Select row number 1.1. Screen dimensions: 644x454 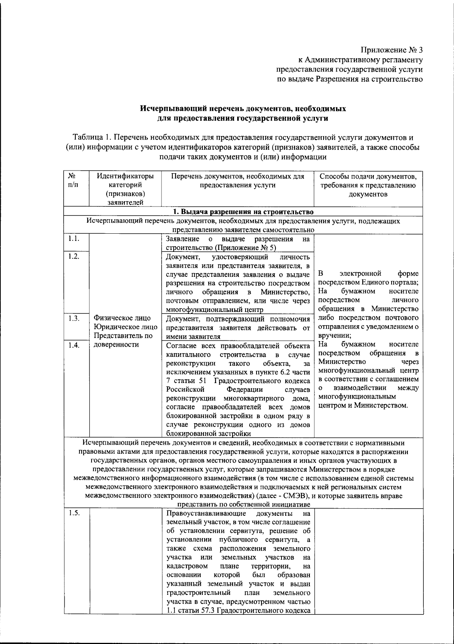tap(73, 239)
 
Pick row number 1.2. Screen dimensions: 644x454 tap(73, 257)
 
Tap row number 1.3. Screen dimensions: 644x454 tap(73, 318)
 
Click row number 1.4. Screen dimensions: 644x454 tap(73, 345)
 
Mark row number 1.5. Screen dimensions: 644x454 tap(73, 513)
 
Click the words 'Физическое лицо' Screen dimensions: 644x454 tap(122, 318)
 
